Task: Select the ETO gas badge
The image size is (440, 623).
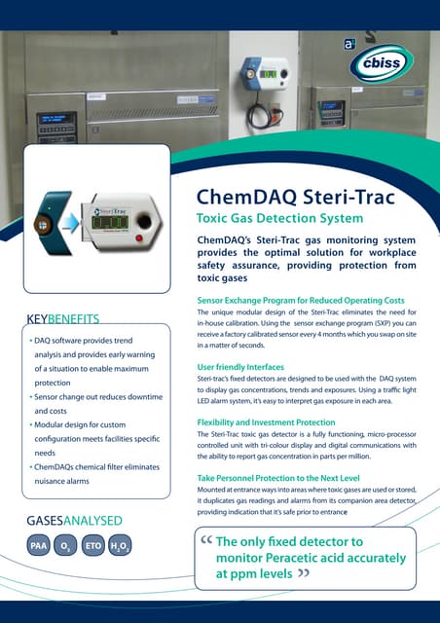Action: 93,547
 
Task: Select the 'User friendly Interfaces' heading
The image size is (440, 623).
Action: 241,366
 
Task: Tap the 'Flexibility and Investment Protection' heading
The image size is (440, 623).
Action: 266,421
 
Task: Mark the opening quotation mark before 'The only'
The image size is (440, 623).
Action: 203,541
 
